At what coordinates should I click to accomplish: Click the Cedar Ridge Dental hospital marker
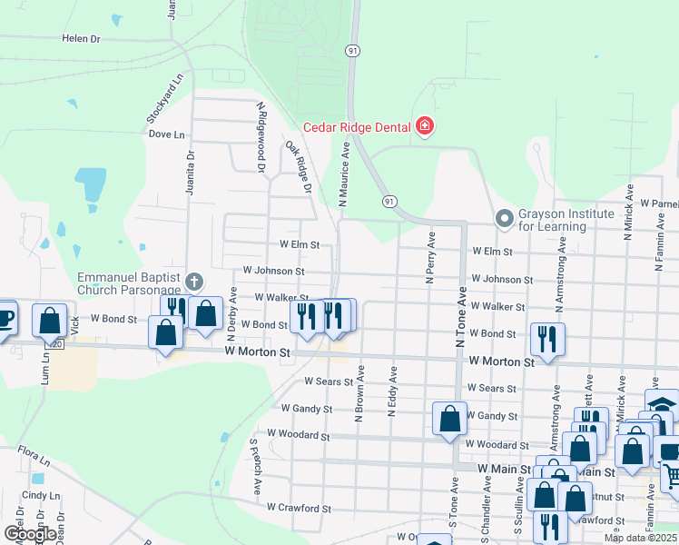(424, 127)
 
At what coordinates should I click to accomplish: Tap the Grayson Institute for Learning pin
(504, 219)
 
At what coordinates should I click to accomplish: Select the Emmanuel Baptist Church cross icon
(192, 282)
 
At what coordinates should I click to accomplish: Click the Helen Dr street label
(80, 39)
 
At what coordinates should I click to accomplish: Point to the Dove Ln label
(166, 134)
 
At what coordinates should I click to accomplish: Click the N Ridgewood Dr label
(261, 137)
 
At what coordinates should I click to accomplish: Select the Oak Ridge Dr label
(299, 167)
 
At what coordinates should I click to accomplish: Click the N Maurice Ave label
(345, 173)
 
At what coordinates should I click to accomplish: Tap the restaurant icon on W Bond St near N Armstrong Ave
(546, 339)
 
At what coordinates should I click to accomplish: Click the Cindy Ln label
(40, 496)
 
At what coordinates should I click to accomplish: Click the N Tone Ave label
(460, 318)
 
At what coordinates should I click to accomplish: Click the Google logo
(29, 534)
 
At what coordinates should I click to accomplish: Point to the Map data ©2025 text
(641, 538)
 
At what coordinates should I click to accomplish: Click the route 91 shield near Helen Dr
(352, 52)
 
